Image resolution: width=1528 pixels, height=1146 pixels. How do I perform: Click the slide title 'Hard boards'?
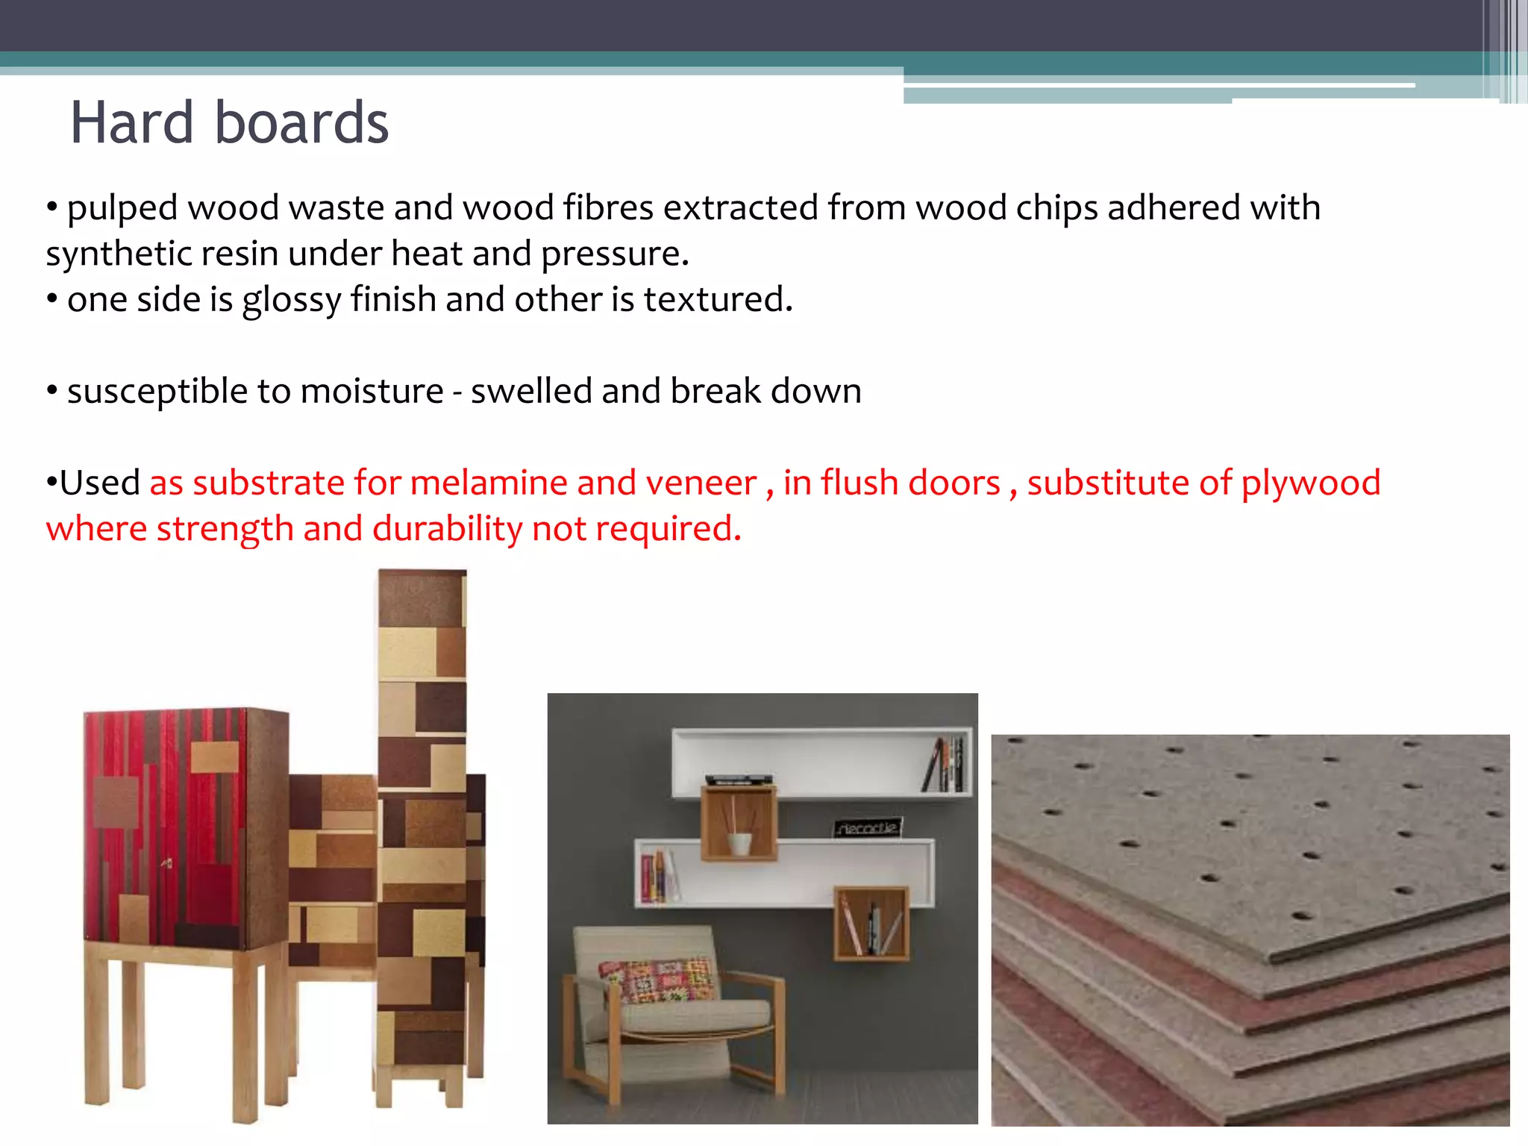[229, 122]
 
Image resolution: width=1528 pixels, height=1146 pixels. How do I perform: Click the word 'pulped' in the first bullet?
[122, 209]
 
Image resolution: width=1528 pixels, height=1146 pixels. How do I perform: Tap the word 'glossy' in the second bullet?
[291, 301]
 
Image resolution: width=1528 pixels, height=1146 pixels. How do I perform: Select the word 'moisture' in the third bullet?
[371, 392]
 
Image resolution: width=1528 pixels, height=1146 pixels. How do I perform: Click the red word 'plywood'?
[1310, 483]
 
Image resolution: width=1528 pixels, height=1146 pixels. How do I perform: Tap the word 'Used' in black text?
[99, 483]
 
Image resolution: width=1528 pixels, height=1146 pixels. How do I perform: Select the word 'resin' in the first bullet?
[240, 254]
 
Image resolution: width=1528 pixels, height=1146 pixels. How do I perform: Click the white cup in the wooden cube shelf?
[739, 843]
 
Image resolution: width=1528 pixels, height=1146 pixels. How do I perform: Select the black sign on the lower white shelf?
[867, 827]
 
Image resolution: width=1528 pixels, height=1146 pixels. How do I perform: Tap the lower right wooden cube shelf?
[871, 923]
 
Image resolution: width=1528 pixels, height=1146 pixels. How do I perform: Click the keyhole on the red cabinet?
[167, 863]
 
